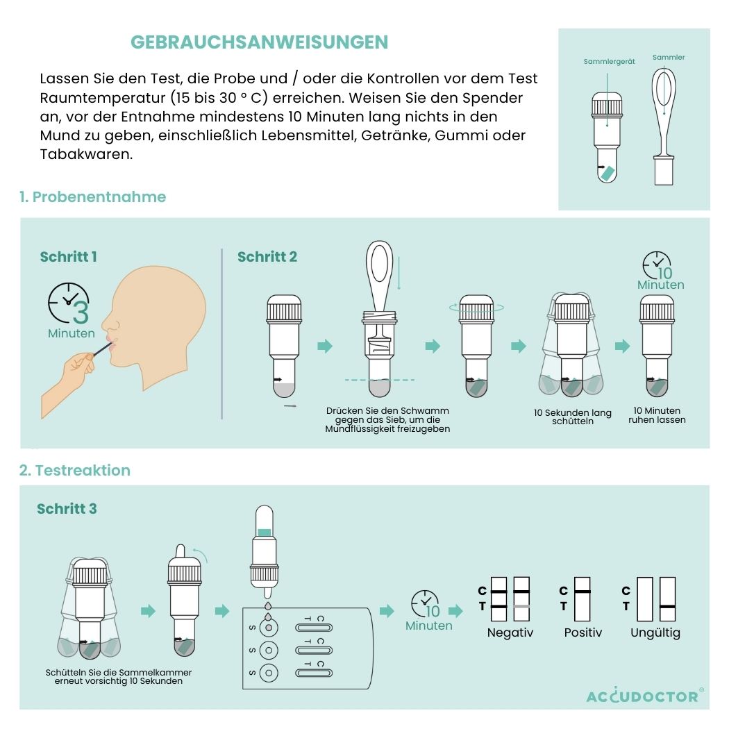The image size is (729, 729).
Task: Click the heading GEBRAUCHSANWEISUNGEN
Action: (260, 42)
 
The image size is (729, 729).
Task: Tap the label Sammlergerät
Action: (609, 61)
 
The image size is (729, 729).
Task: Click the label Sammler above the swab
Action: (669, 57)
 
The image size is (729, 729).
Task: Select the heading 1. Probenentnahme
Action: (92, 196)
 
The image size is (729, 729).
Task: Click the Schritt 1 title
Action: (68, 257)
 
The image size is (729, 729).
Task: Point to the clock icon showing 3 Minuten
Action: (69, 303)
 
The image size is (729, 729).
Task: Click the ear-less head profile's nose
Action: (105, 321)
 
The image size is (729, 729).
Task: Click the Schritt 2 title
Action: (267, 257)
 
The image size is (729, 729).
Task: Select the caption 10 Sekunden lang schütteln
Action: (573, 417)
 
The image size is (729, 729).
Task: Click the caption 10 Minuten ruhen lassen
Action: (657, 415)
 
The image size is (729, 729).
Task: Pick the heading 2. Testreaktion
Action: (75, 470)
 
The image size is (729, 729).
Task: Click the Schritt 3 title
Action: (67, 509)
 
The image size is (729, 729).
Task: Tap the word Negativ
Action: (510, 632)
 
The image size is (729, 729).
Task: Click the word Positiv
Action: (583, 632)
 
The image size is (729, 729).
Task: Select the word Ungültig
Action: (655, 632)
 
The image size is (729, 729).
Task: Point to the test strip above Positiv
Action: (582, 598)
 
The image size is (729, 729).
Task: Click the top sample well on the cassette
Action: (268, 628)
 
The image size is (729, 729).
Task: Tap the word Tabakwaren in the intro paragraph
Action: (87, 154)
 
